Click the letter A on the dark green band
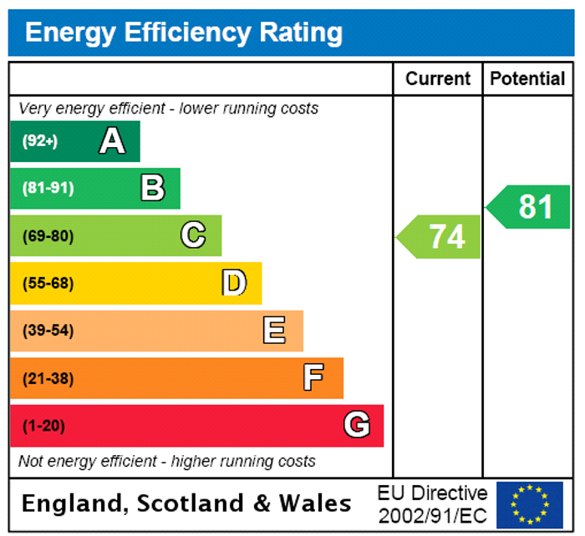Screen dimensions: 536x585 pyautogui.click(x=112, y=141)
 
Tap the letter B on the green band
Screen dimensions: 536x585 pyautogui.click(x=153, y=188)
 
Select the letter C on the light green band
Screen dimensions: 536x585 pyautogui.click(x=193, y=235)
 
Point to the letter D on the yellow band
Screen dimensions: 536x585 pyautogui.click(x=234, y=283)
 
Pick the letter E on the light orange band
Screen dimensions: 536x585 pyautogui.click(x=274, y=331)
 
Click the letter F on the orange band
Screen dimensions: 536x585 pyautogui.click(x=313, y=378)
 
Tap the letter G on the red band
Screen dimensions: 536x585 pyautogui.click(x=357, y=426)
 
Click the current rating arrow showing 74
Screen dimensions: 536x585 pyautogui.click(x=440, y=236)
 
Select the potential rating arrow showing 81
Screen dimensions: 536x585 pyautogui.click(x=530, y=206)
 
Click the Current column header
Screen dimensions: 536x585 pyautogui.click(x=438, y=78)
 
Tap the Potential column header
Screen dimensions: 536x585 pyautogui.click(x=527, y=78)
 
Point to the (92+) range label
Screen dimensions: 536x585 pyautogui.click(x=40, y=141)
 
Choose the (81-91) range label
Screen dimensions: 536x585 pyautogui.click(x=48, y=188)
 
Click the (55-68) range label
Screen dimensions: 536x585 pyautogui.click(x=48, y=283)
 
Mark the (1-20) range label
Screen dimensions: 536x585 pyautogui.click(x=43, y=426)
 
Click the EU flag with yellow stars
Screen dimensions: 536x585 pyautogui.click(x=529, y=504)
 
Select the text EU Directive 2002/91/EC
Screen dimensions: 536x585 pyautogui.click(x=432, y=504)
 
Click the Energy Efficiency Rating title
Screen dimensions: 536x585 pyautogui.click(x=184, y=33)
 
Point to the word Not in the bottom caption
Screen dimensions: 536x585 pyautogui.click(x=30, y=461)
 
